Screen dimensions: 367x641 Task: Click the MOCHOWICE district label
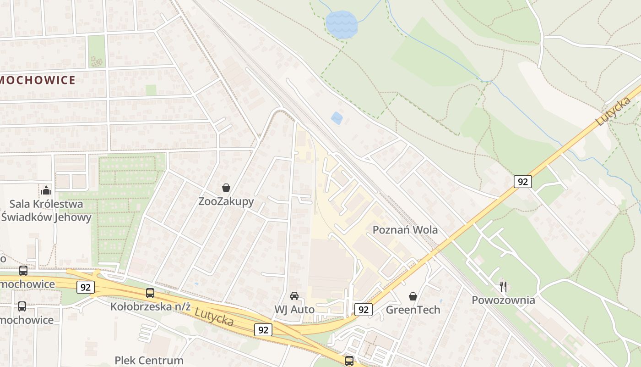point(38,80)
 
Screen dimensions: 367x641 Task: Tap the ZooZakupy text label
point(226,201)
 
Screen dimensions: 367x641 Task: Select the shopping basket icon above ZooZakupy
point(226,188)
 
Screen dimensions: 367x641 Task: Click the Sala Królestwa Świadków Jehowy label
point(46,211)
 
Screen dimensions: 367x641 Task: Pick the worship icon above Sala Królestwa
point(46,190)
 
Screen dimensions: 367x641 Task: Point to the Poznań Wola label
point(405,230)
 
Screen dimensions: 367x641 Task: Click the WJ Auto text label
point(294,310)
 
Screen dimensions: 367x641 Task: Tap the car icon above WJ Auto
point(294,296)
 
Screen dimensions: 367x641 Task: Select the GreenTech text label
point(413,310)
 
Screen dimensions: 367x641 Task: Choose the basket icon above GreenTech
point(413,296)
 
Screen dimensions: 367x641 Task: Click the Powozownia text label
point(503,300)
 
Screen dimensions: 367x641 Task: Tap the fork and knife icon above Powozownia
point(503,287)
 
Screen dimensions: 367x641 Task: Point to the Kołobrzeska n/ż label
point(150,306)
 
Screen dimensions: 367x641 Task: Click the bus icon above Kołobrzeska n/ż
point(150,293)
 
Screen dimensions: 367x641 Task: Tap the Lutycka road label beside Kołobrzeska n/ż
point(214,317)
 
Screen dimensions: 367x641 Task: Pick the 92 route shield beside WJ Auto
point(363,310)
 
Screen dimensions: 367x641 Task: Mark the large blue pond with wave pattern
point(342,24)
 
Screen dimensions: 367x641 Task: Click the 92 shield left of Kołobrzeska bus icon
point(86,288)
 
